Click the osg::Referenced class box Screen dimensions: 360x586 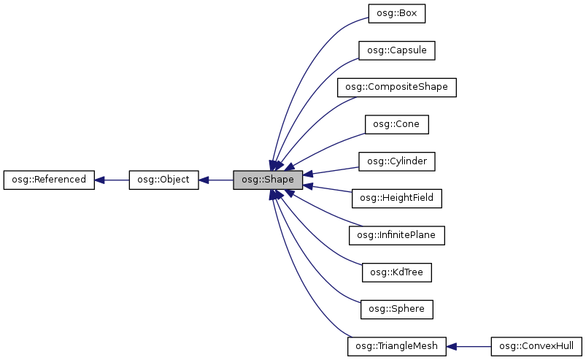49,180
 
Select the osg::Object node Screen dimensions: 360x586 163,180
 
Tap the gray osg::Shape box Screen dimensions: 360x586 268,180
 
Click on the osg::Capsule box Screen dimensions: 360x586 396,50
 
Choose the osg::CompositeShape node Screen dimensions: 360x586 396,88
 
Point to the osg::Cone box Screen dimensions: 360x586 396,124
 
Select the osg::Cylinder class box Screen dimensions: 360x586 396,161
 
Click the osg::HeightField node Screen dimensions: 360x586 396,198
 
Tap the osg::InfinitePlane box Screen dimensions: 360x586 396,235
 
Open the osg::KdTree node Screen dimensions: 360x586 396,272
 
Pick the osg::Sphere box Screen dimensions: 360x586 396,309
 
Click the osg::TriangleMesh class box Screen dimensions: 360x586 396,346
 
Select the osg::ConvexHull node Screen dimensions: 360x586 536,346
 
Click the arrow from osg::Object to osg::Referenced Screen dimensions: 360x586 112,180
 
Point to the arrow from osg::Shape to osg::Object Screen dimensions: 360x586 217,180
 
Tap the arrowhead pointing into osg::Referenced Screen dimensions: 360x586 101,180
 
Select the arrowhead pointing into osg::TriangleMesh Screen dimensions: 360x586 452,346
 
